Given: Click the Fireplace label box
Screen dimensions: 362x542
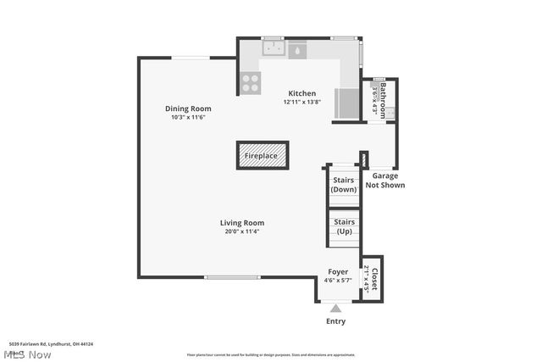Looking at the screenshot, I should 261,156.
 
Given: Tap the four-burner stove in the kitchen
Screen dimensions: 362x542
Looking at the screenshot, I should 251,82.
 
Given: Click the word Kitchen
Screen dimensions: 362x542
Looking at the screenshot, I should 302,93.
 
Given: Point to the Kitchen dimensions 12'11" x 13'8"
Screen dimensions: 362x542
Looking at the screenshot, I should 302,103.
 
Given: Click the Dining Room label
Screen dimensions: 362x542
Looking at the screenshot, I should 188,109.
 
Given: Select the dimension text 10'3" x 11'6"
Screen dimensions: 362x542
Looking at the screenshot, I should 188,118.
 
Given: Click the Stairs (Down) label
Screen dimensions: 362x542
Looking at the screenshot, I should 343,185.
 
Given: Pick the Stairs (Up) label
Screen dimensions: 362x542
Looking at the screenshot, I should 343,226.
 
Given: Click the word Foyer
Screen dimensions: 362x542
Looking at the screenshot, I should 338,272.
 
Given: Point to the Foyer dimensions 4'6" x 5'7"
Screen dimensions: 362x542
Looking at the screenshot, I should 338,281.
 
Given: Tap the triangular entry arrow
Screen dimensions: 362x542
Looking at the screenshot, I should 336,309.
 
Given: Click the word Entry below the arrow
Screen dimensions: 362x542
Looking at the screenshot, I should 336,321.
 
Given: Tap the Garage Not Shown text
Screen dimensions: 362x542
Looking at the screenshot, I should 384,181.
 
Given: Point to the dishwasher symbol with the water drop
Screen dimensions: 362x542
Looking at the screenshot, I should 298,50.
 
